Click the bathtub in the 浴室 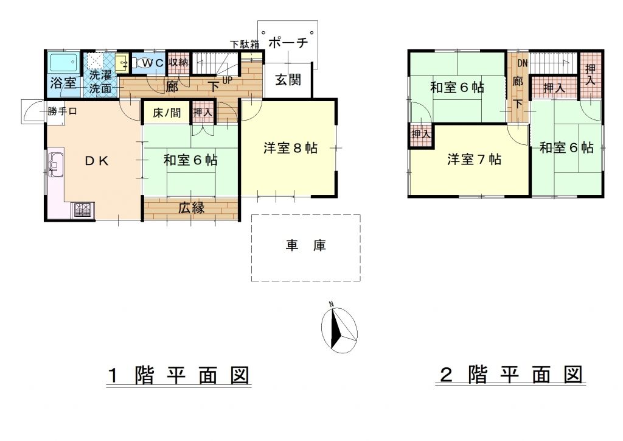pos(63,63)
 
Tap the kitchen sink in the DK pos(55,164)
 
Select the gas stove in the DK pos(83,210)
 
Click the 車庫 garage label pos(306,245)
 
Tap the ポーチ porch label pos(288,43)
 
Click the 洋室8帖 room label pos(290,148)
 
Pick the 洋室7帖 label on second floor pos(475,160)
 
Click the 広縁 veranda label pos(191,208)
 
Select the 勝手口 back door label pos(63,111)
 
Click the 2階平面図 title pos(511,375)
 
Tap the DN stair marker pos(522,63)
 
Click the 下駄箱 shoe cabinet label pos(245,44)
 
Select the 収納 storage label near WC pos(178,63)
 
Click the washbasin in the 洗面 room pos(122,63)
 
